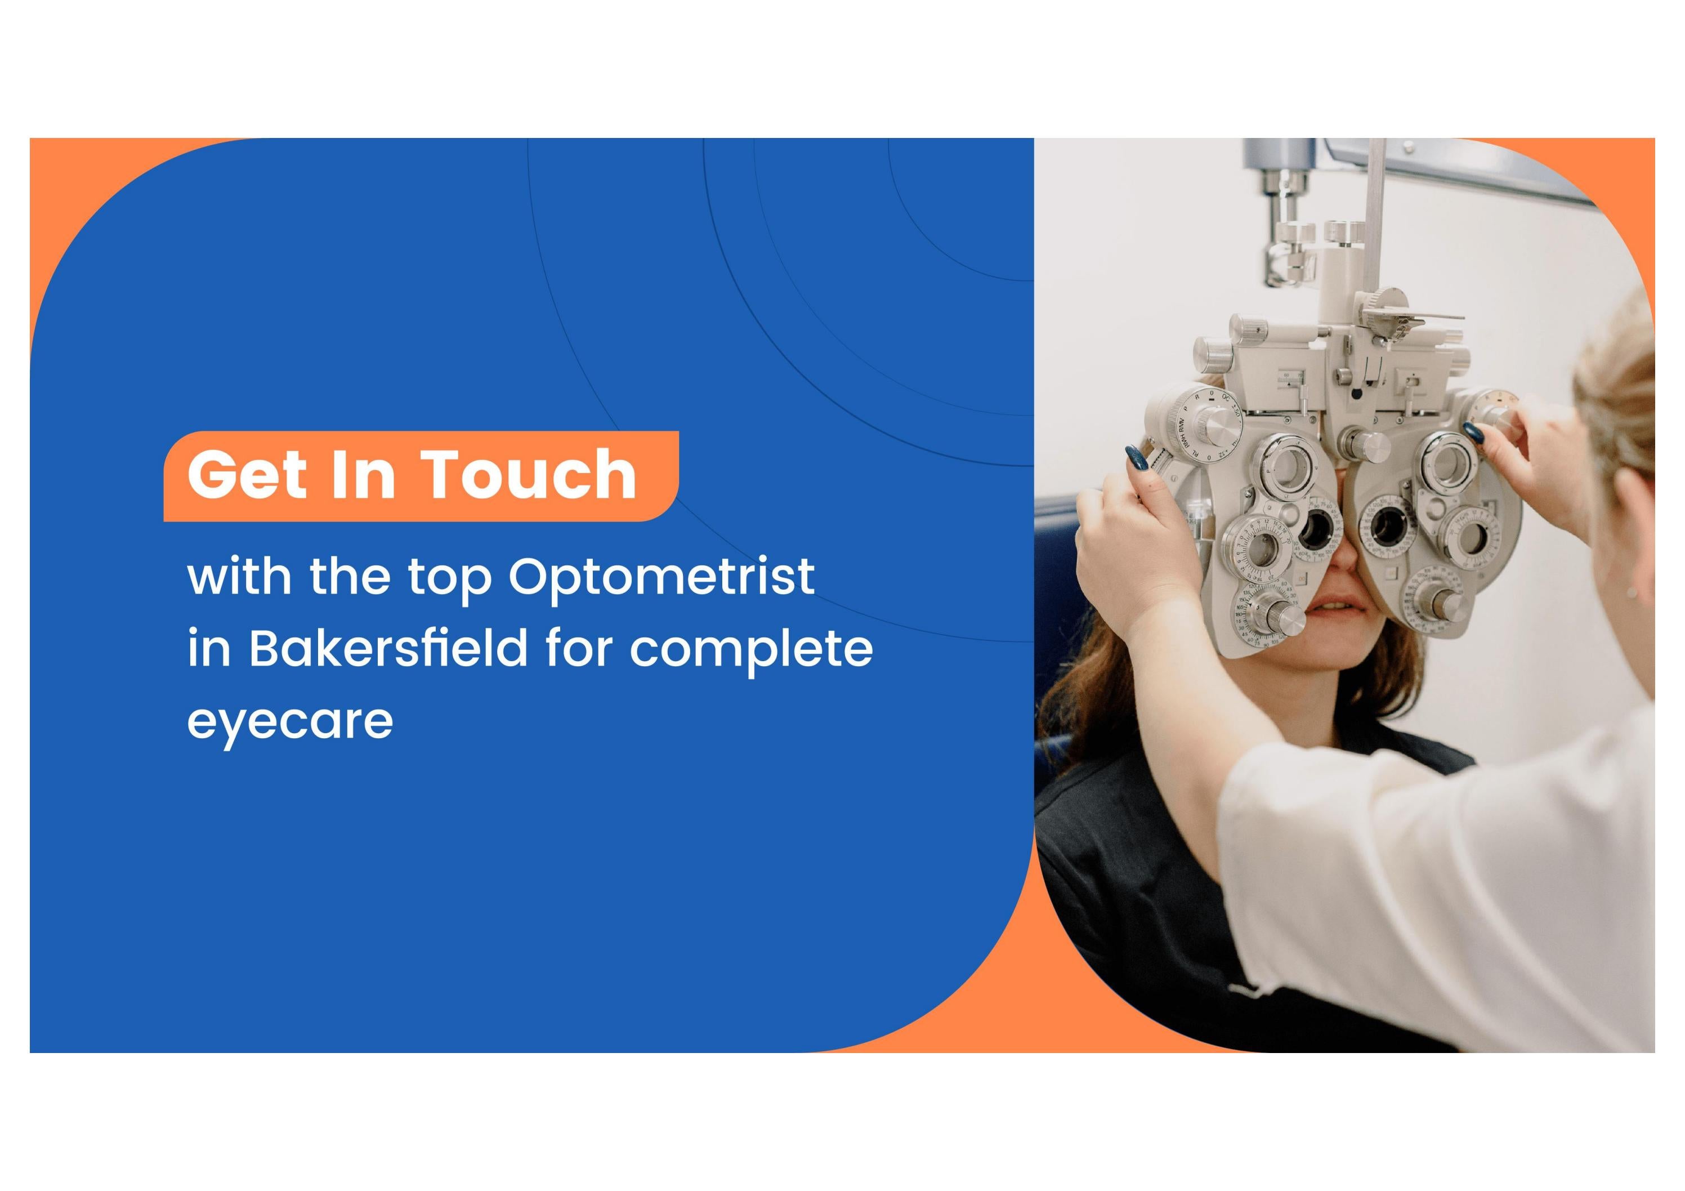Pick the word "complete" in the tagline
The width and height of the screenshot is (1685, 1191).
click(752, 650)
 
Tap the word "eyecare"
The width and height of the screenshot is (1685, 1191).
click(290, 722)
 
